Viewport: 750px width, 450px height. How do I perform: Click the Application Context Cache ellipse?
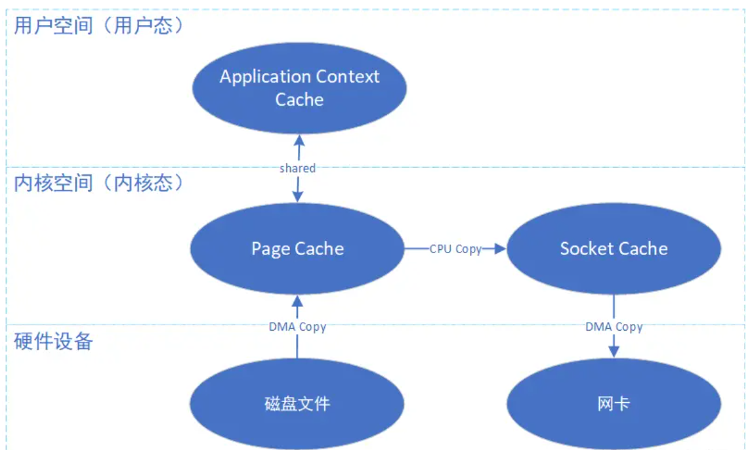[x=299, y=88]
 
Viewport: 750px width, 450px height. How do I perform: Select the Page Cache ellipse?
[x=297, y=249]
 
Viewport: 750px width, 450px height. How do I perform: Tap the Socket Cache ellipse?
[x=614, y=249]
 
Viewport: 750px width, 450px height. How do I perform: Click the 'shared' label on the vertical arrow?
[x=297, y=169]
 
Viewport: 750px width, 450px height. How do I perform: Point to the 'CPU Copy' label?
[x=455, y=249]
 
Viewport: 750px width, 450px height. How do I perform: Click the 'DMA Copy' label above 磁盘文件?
[x=297, y=327]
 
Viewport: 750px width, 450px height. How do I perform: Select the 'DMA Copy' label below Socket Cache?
[x=614, y=327]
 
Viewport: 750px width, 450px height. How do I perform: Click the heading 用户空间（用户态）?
[x=98, y=26]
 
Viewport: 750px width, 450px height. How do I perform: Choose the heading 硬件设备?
[x=54, y=341]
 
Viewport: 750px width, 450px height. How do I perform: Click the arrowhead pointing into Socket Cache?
[x=501, y=249]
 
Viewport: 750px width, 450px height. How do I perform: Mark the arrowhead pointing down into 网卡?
[x=614, y=351]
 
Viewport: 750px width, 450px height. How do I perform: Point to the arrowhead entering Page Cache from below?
[x=297, y=301]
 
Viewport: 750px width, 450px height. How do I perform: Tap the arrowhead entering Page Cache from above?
[x=298, y=196]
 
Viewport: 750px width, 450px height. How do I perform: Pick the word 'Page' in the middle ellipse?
[x=270, y=249]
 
